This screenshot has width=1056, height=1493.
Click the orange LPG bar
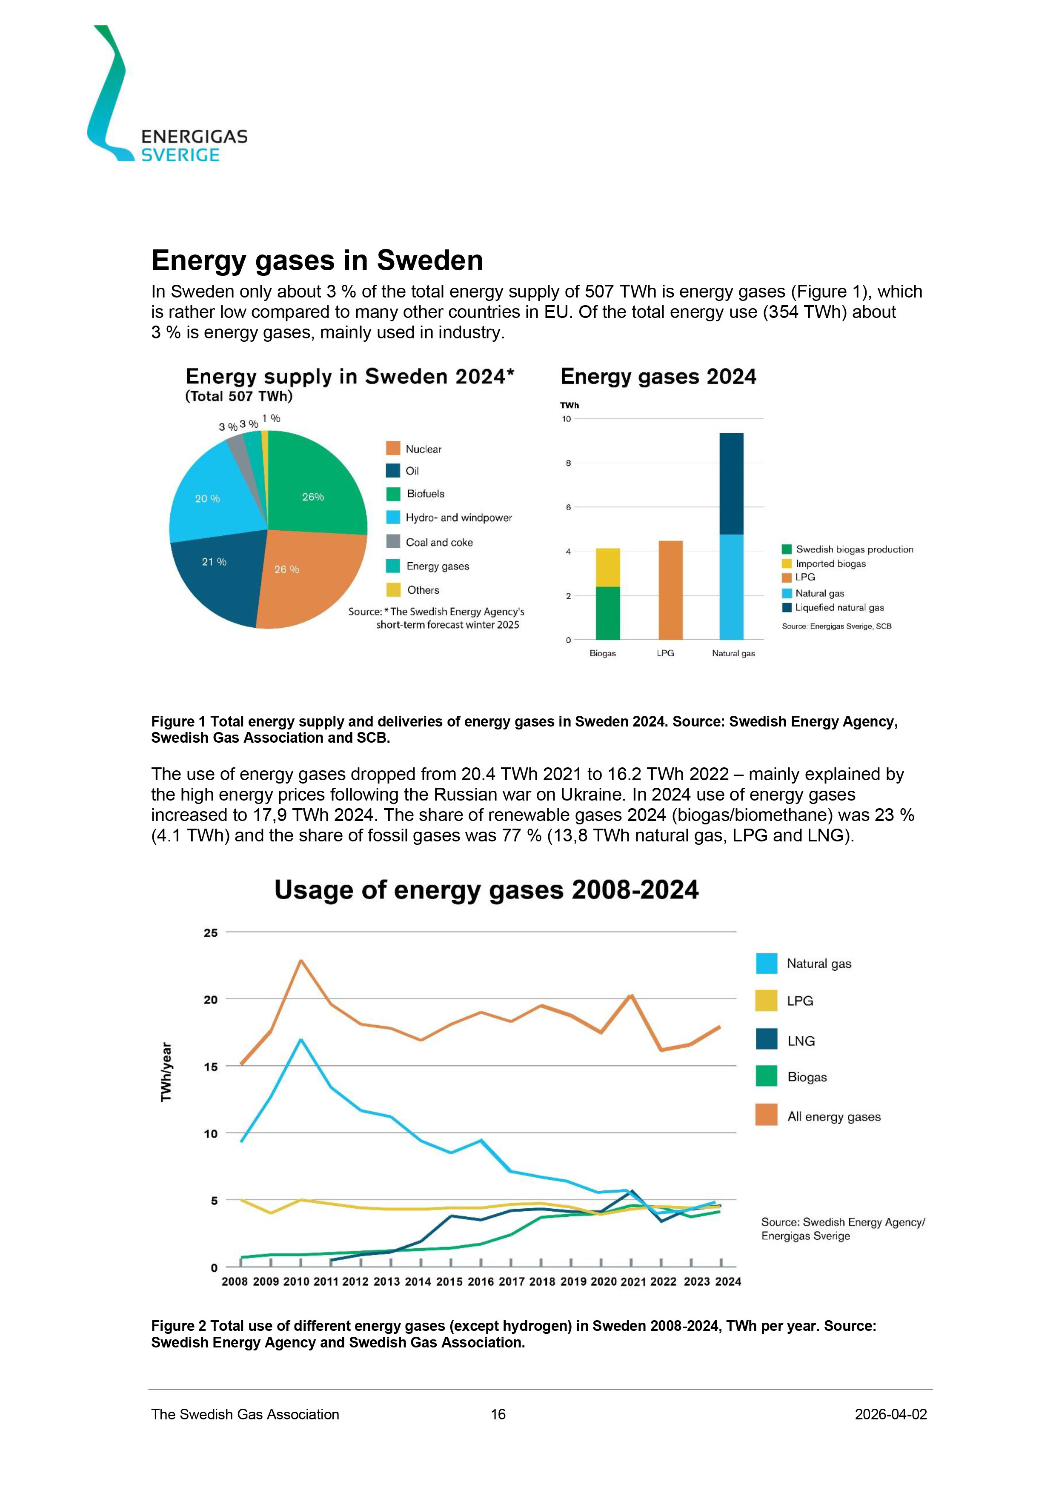click(x=670, y=590)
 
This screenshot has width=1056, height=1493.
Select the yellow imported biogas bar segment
click(x=608, y=568)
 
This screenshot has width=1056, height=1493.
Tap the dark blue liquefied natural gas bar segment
click(x=732, y=484)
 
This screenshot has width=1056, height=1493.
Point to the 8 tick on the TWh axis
click(x=568, y=463)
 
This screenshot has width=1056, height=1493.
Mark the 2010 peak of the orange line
click(x=301, y=961)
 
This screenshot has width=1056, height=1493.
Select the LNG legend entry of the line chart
click(x=801, y=1041)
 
